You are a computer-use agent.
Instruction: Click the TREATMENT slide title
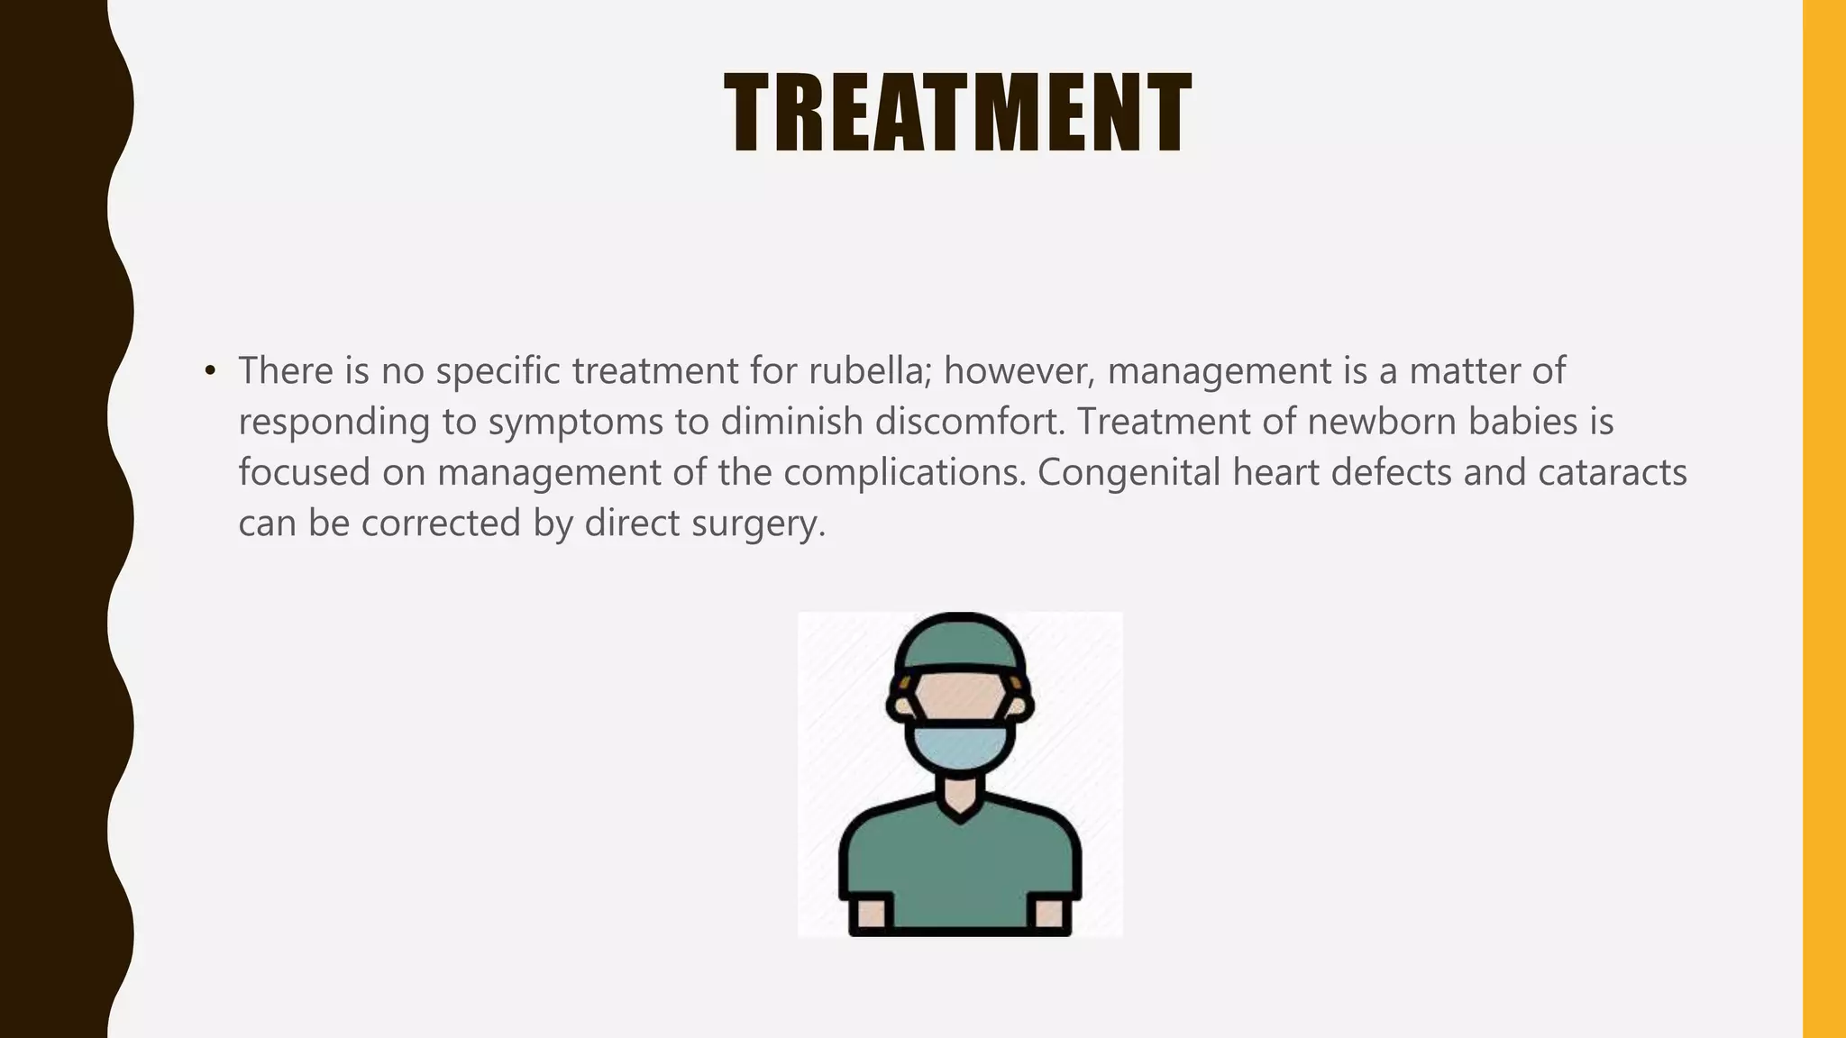click(x=958, y=114)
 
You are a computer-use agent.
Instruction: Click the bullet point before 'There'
click(x=210, y=371)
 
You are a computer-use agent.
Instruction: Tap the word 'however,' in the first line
click(x=1019, y=371)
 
